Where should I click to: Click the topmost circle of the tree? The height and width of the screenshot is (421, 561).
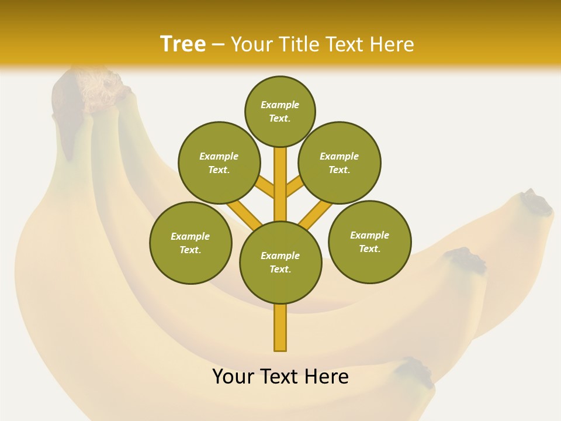pyautogui.click(x=280, y=111)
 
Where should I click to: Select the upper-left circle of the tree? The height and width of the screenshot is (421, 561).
pyautogui.click(x=219, y=163)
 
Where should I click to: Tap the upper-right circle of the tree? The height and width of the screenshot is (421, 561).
pyautogui.click(x=340, y=163)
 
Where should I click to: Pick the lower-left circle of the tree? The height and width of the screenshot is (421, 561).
pyautogui.click(x=191, y=243)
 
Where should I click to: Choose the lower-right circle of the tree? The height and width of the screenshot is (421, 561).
pyautogui.click(x=370, y=242)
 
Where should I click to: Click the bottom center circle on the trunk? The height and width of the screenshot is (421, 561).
pyautogui.click(x=280, y=263)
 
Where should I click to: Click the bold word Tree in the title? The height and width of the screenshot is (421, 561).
pyautogui.click(x=183, y=44)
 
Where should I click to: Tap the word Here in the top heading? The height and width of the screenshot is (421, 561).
pyautogui.click(x=393, y=44)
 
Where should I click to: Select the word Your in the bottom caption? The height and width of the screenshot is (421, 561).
pyautogui.click(x=233, y=377)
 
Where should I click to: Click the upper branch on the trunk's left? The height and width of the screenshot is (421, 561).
pyautogui.click(x=265, y=187)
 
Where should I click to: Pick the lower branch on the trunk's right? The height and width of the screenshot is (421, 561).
pyautogui.click(x=316, y=215)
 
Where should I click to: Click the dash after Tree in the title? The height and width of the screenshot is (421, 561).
pyautogui.click(x=218, y=45)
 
